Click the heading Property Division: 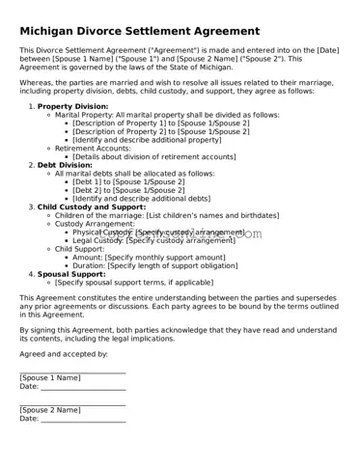[x=72, y=105]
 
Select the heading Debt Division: [x=65, y=165]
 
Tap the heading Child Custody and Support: [x=92, y=206]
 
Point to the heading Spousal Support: [x=71, y=273]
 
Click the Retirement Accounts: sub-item [x=95, y=148]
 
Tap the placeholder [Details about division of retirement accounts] [x=167, y=156]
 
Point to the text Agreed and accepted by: [x=64, y=353]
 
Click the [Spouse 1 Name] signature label [x=50, y=377]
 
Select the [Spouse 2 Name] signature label [x=50, y=410]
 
